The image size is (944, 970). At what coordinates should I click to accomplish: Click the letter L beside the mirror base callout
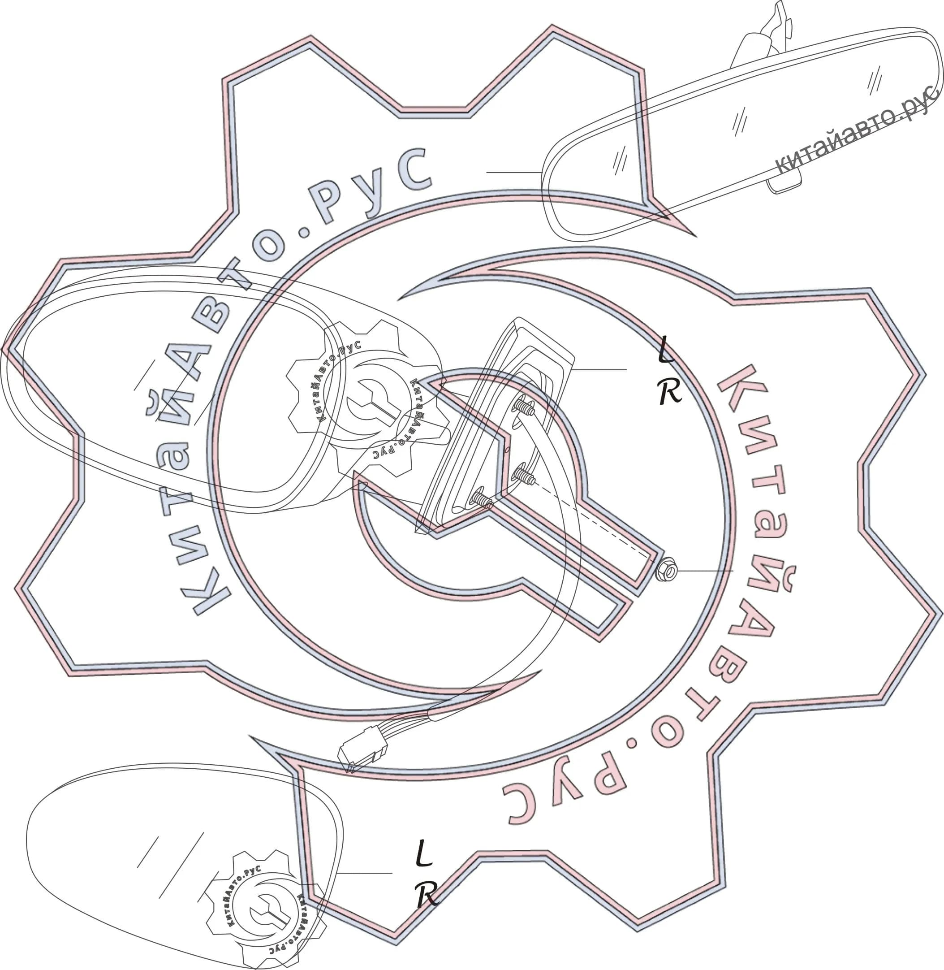(666, 349)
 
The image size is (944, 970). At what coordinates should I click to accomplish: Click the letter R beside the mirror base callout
(670, 392)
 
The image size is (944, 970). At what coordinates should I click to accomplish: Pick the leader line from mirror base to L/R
(599, 369)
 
